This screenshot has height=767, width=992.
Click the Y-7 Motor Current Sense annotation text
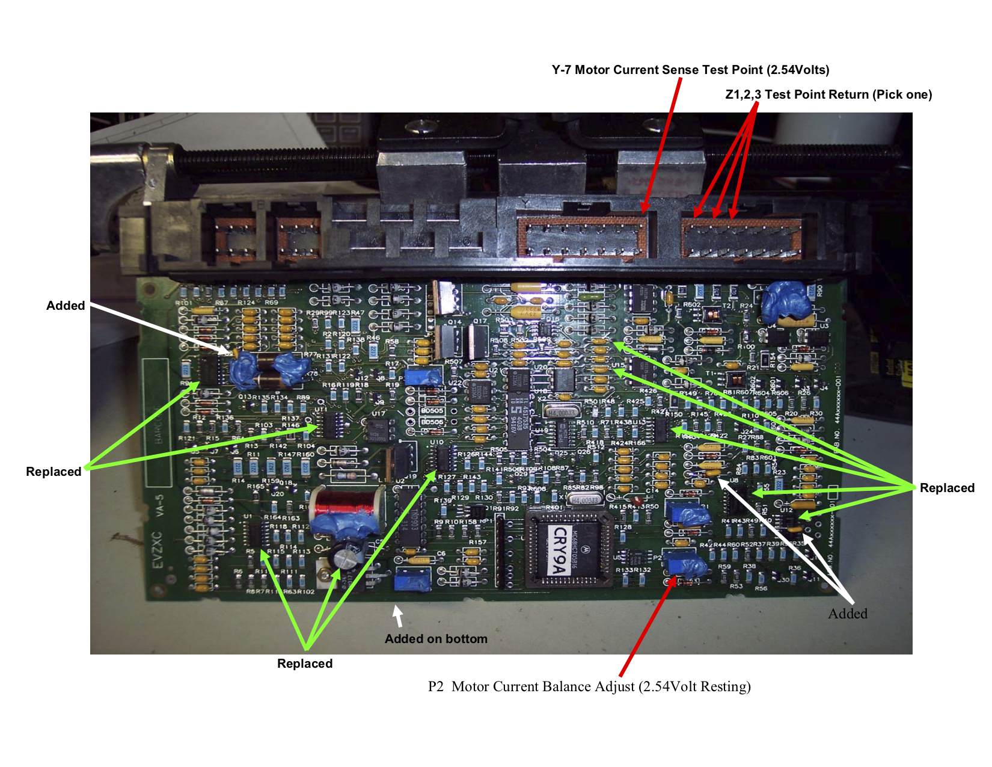click(x=690, y=70)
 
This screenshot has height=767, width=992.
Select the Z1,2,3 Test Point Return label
click(x=828, y=94)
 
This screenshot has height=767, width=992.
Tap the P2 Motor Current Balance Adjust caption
click(x=589, y=686)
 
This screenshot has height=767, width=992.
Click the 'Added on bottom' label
click(x=436, y=639)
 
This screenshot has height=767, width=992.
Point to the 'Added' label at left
click(x=66, y=306)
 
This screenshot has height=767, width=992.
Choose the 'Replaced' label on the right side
click(x=947, y=488)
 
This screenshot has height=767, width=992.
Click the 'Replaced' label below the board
click(x=305, y=664)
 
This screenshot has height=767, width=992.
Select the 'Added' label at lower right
click(x=848, y=614)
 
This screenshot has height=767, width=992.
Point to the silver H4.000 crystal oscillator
click(x=562, y=413)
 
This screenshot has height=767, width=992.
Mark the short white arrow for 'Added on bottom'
click(x=398, y=615)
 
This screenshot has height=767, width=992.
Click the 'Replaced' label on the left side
click(x=54, y=472)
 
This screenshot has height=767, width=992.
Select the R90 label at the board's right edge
click(x=819, y=293)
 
